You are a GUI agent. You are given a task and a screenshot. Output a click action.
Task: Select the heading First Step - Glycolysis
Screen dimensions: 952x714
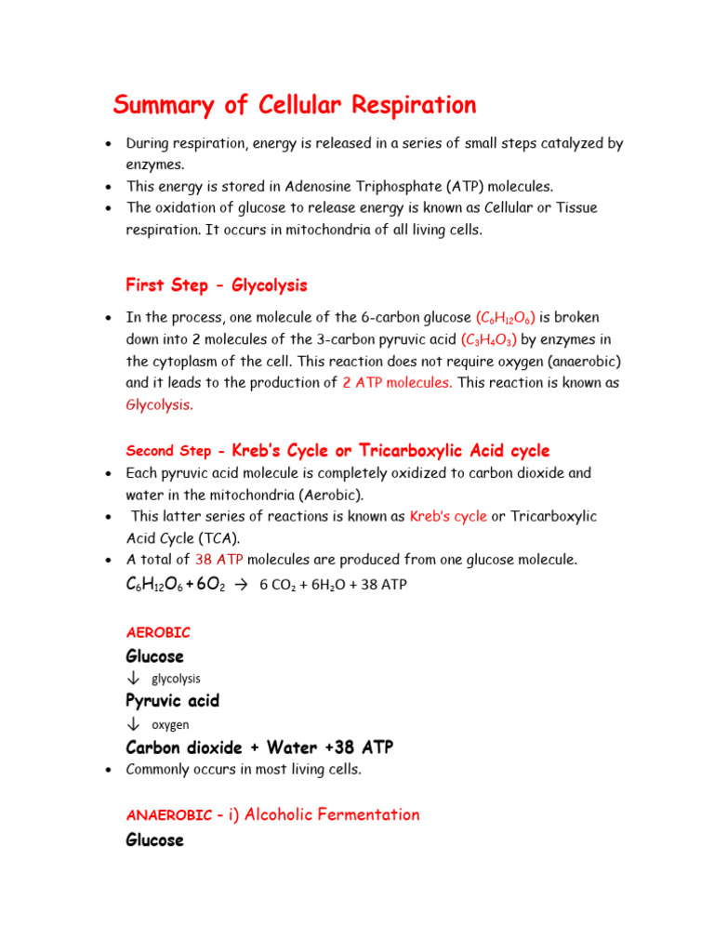[216, 284]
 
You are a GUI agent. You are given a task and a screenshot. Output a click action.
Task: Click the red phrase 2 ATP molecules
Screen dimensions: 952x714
[397, 383]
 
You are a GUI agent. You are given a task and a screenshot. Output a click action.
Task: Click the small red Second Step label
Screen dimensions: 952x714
[168, 451]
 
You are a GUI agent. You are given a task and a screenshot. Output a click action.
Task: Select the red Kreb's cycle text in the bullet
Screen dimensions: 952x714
[447, 516]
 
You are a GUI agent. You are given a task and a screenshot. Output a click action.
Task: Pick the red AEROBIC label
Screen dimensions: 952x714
[158, 632]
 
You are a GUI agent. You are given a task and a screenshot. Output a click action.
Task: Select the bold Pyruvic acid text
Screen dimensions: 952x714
[172, 700]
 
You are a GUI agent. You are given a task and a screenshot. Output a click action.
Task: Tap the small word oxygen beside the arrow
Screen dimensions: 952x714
[170, 724]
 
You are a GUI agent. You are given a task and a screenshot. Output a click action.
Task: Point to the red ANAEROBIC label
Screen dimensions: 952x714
[168, 814]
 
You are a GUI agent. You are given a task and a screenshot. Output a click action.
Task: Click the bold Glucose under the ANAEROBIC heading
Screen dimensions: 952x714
[154, 840]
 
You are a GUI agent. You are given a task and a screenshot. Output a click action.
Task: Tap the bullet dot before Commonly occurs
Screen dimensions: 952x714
[109, 770]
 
